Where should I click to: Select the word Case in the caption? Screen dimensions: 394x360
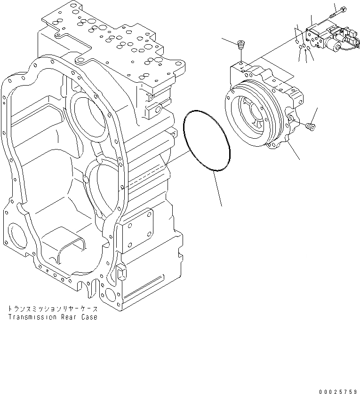(89, 317)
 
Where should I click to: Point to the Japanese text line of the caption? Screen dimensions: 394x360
(52, 309)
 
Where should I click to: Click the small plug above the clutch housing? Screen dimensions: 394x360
(241, 46)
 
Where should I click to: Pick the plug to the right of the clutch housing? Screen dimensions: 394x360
(310, 126)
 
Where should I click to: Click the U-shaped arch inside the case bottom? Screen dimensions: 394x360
(71, 246)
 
